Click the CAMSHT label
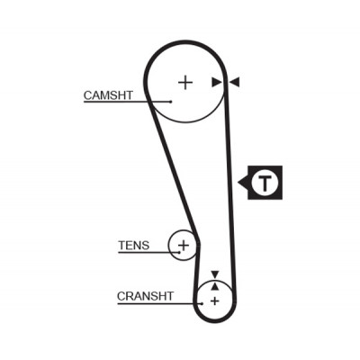click(108, 95)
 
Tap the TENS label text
click(134, 246)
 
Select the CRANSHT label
click(145, 296)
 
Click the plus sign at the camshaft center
click(185, 82)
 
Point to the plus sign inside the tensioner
click(184, 246)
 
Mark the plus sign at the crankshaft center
click(215, 301)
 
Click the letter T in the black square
click(265, 183)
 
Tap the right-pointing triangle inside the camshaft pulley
click(217, 82)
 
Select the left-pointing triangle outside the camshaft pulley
click(235, 82)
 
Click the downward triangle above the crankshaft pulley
click(215, 274)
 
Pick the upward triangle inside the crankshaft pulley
click(215, 286)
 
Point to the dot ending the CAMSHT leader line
click(171, 102)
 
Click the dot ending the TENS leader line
click(179, 252)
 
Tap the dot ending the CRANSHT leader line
click(202, 303)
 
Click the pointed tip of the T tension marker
click(238, 182)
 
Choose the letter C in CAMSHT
click(88, 95)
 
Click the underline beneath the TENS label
click(148, 252)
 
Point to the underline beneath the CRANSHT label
click(159, 303)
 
